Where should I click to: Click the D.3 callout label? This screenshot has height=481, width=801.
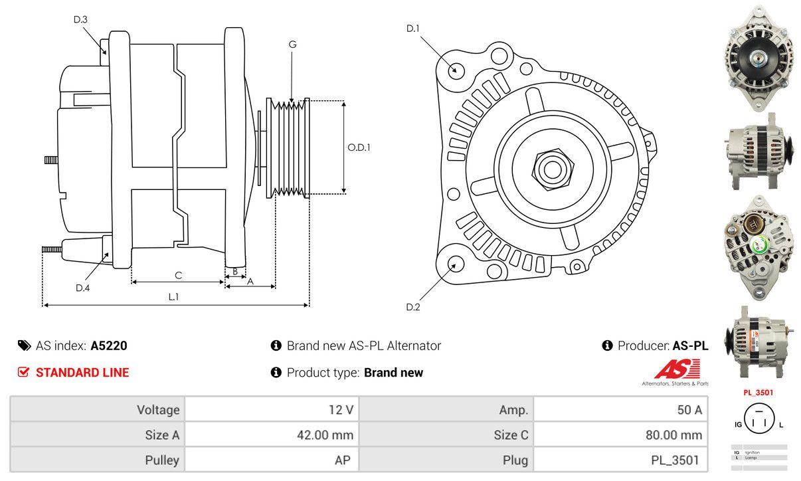(80, 19)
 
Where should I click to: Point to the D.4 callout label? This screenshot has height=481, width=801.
(82, 288)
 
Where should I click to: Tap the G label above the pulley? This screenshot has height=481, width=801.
(292, 45)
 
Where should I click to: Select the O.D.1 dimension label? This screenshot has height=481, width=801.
(359, 147)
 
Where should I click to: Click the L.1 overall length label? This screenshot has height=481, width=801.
(173, 297)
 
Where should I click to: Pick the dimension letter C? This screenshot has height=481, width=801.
(178, 275)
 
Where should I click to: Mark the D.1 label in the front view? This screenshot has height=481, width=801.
(413, 28)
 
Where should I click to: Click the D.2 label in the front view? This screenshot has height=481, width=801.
(413, 307)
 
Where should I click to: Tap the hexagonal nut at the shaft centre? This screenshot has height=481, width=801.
(551, 169)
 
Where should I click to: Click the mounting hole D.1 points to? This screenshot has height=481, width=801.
(456, 70)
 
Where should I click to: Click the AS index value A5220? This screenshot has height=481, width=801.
(109, 345)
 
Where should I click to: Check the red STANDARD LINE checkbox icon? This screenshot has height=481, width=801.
(23, 372)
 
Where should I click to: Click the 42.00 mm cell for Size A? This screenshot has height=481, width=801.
(325, 436)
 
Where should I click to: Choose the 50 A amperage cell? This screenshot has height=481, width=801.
(689, 410)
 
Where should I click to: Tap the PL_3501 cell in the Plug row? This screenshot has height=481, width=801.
(675, 460)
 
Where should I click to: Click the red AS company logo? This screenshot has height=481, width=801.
(676, 369)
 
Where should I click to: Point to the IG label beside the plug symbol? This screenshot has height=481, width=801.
(738, 424)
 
